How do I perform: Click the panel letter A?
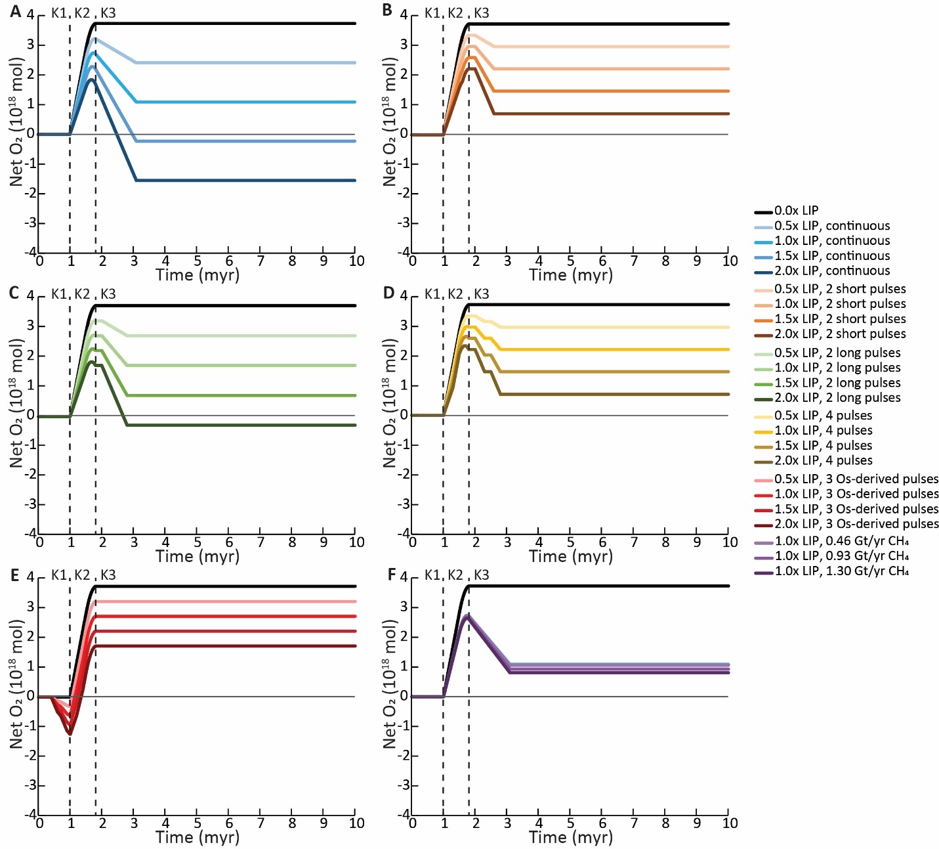tap(15, 11)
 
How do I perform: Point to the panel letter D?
tap(388, 293)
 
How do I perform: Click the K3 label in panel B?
tap(481, 13)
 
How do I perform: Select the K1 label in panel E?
tap(58, 575)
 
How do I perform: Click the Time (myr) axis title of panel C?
tap(197, 556)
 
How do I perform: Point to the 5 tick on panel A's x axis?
tap(197, 261)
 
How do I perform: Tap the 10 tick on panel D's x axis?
tap(730, 542)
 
